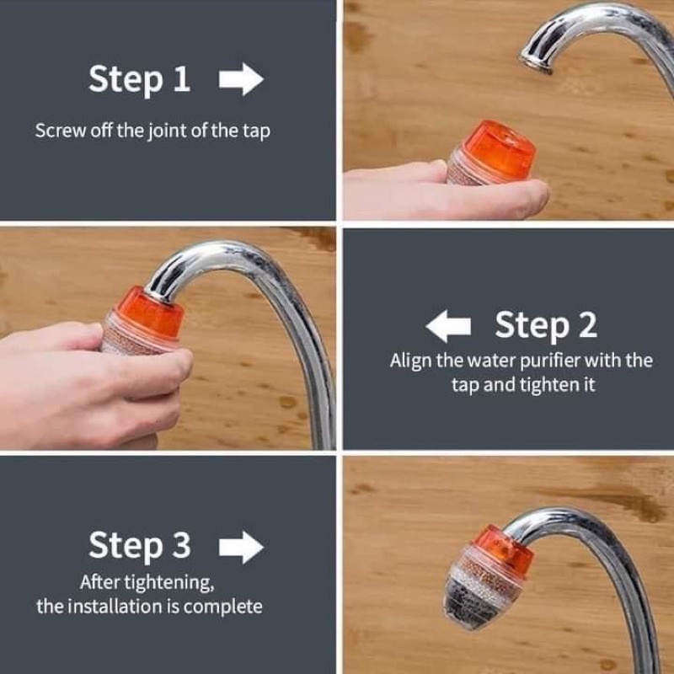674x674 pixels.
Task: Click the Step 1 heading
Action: (x=139, y=79)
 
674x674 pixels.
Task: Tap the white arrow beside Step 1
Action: (x=241, y=79)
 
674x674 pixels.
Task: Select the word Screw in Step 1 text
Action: (x=60, y=131)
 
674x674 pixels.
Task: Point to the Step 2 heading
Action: (x=546, y=325)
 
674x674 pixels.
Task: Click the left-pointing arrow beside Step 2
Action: (x=448, y=326)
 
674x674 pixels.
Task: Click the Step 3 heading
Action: (x=139, y=546)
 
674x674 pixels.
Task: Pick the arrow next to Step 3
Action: (x=241, y=547)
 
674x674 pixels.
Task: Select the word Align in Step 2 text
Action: (x=410, y=361)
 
